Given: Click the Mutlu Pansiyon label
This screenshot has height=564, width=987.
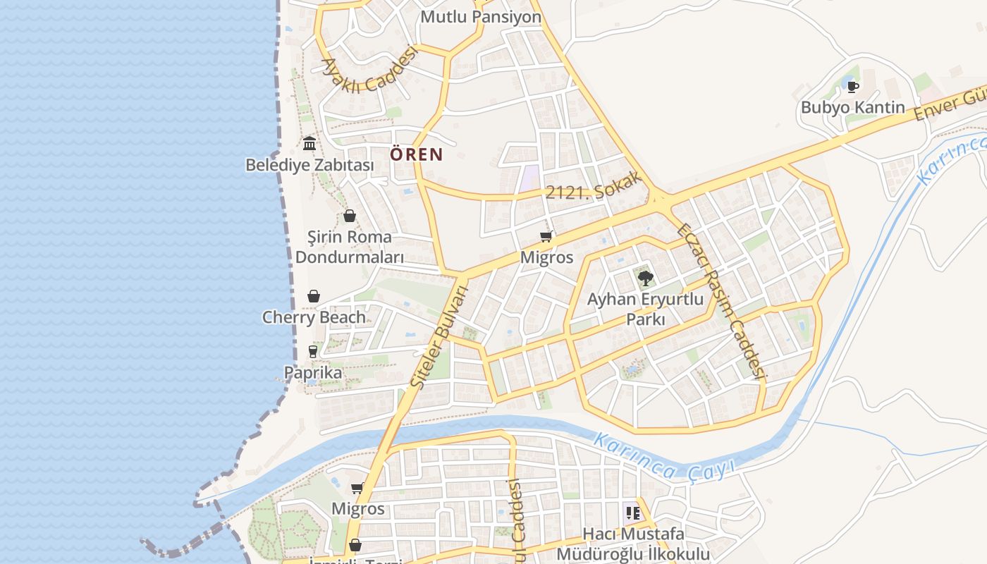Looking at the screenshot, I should tap(481, 16).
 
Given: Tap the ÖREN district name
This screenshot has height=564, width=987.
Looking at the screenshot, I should tap(417, 154).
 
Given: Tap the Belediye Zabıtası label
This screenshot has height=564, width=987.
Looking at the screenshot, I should tap(309, 165).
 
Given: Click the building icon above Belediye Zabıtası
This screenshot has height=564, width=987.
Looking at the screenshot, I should tap(309, 144).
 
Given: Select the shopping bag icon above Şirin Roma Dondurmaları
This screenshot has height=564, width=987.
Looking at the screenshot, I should tap(349, 216).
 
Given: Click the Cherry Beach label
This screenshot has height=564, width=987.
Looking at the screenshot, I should tap(314, 317).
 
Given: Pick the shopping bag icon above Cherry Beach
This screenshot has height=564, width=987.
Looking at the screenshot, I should tap(314, 296).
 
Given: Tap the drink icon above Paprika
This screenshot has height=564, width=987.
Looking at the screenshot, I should tap(312, 351).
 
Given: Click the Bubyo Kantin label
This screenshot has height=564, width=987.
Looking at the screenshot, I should tap(852, 108).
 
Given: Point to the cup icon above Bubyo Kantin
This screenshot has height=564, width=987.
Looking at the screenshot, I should tap(852, 87).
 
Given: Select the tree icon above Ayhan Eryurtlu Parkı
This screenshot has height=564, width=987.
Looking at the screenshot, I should tap(645, 278).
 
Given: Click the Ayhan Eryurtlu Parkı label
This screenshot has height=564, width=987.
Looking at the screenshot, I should tap(645, 309).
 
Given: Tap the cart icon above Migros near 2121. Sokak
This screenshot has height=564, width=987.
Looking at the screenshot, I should tap(546, 236).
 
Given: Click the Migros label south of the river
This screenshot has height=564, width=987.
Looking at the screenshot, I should tap(358, 508).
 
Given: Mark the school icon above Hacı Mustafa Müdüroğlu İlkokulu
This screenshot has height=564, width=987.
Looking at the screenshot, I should tap(632, 513).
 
